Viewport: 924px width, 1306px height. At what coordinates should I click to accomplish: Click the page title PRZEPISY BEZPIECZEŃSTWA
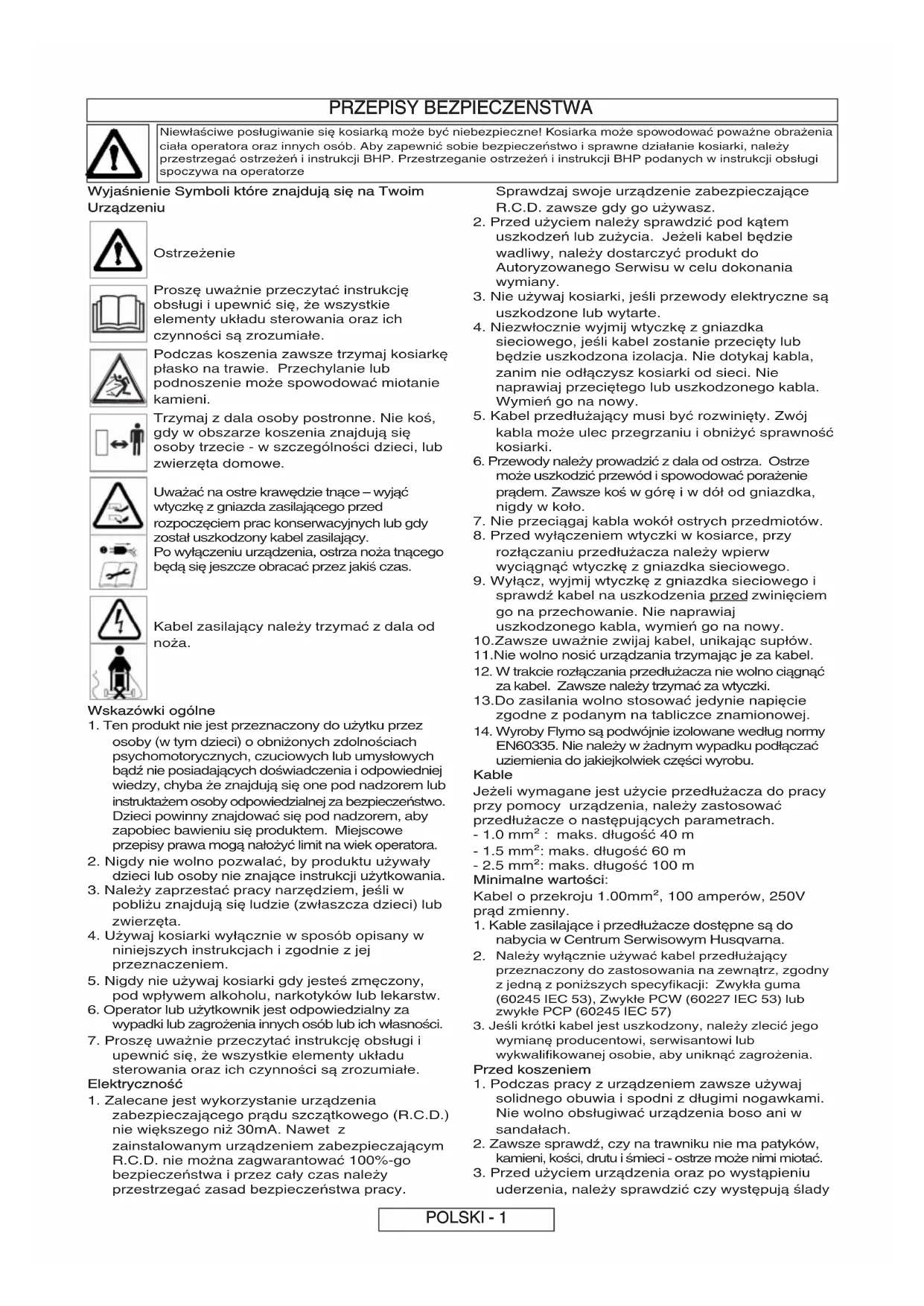click(x=461, y=109)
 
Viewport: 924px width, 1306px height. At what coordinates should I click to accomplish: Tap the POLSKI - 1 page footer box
click(x=466, y=1218)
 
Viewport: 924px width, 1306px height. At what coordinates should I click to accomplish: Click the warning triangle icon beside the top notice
click(x=115, y=153)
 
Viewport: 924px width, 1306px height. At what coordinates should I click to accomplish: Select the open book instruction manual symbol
click(x=118, y=313)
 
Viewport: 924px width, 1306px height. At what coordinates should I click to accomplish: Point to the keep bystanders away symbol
click(x=118, y=442)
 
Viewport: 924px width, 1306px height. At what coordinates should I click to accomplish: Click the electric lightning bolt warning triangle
click(x=118, y=619)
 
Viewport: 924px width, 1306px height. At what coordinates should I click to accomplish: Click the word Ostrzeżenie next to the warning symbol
click(x=194, y=253)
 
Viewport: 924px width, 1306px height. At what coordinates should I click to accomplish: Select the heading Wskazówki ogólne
click(x=151, y=710)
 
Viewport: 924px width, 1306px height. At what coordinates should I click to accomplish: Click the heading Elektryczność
click(x=135, y=1084)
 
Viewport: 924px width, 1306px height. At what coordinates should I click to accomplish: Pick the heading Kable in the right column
click(x=493, y=775)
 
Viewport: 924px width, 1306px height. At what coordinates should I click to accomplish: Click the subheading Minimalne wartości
click(x=541, y=880)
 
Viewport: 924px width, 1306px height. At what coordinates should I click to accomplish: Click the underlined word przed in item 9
click(x=728, y=596)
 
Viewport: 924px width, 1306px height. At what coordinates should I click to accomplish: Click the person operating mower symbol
click(x=118, y=672)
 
